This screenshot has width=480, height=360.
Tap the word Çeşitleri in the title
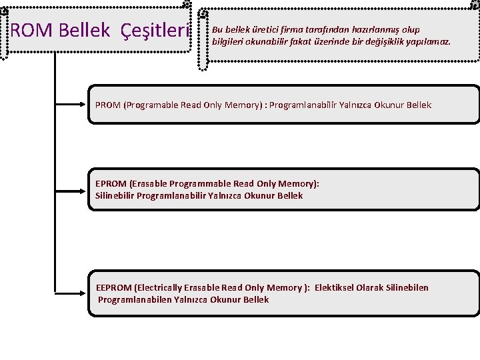click(161, 31)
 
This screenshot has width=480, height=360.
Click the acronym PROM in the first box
click(108, 105)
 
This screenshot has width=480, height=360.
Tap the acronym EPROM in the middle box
click(111, 183)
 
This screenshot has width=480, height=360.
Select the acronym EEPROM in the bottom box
click(113, 287)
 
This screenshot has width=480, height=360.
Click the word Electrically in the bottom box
click(159, 287)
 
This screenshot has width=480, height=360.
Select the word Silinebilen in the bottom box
click(405, 287)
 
